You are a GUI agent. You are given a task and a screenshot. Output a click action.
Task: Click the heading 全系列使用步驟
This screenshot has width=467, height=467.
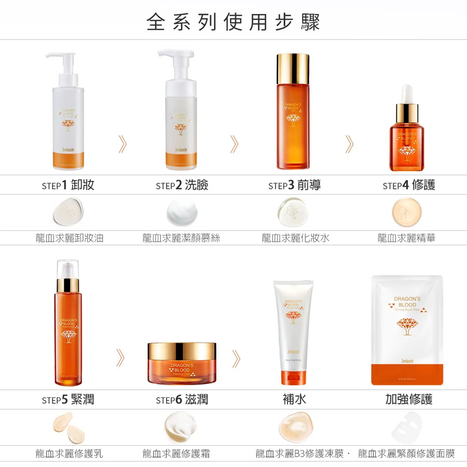pyautogui.click(x=233, y=22)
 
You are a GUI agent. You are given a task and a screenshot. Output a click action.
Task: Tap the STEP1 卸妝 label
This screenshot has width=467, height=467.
pyautogui.click(x=68, y=185)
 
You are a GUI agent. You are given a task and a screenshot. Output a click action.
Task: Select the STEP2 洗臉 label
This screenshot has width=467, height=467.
pyautogui.click(x=182, y=185)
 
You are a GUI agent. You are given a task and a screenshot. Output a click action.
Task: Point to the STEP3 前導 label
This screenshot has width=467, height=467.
pyautogui.click(x=294, y=185)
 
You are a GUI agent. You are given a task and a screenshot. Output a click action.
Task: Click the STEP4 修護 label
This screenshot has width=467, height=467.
pyautogui.click(x=408, y=185)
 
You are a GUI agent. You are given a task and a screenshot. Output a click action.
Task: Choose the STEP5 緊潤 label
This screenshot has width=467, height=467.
pyautogui.click(x=68, y=400)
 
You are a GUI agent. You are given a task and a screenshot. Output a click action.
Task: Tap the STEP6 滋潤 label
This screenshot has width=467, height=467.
pyautogui.click(x=182, y=400)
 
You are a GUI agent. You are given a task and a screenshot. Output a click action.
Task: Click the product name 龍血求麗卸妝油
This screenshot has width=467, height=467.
pyautogui.click(x=69, y=238)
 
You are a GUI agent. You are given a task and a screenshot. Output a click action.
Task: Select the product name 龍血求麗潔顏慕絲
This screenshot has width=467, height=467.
pyautogui.click(x=182, y=238)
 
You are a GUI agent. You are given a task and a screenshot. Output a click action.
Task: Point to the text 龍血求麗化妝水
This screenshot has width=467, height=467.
pyautogui.click(x=295, y=238)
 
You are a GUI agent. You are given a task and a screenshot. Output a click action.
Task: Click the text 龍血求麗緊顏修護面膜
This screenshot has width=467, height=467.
pyautogui.click(x=406, y=454)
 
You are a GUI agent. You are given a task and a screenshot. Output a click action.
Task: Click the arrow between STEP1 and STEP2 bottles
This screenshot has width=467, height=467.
pyautogui.click(x=122, y=144)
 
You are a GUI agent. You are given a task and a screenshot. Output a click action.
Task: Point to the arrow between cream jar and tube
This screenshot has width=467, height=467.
pyautogui.click(x=236, y=358)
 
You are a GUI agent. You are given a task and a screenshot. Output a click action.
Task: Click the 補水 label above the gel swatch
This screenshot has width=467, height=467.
pyautogui.click(x=294, y=400)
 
